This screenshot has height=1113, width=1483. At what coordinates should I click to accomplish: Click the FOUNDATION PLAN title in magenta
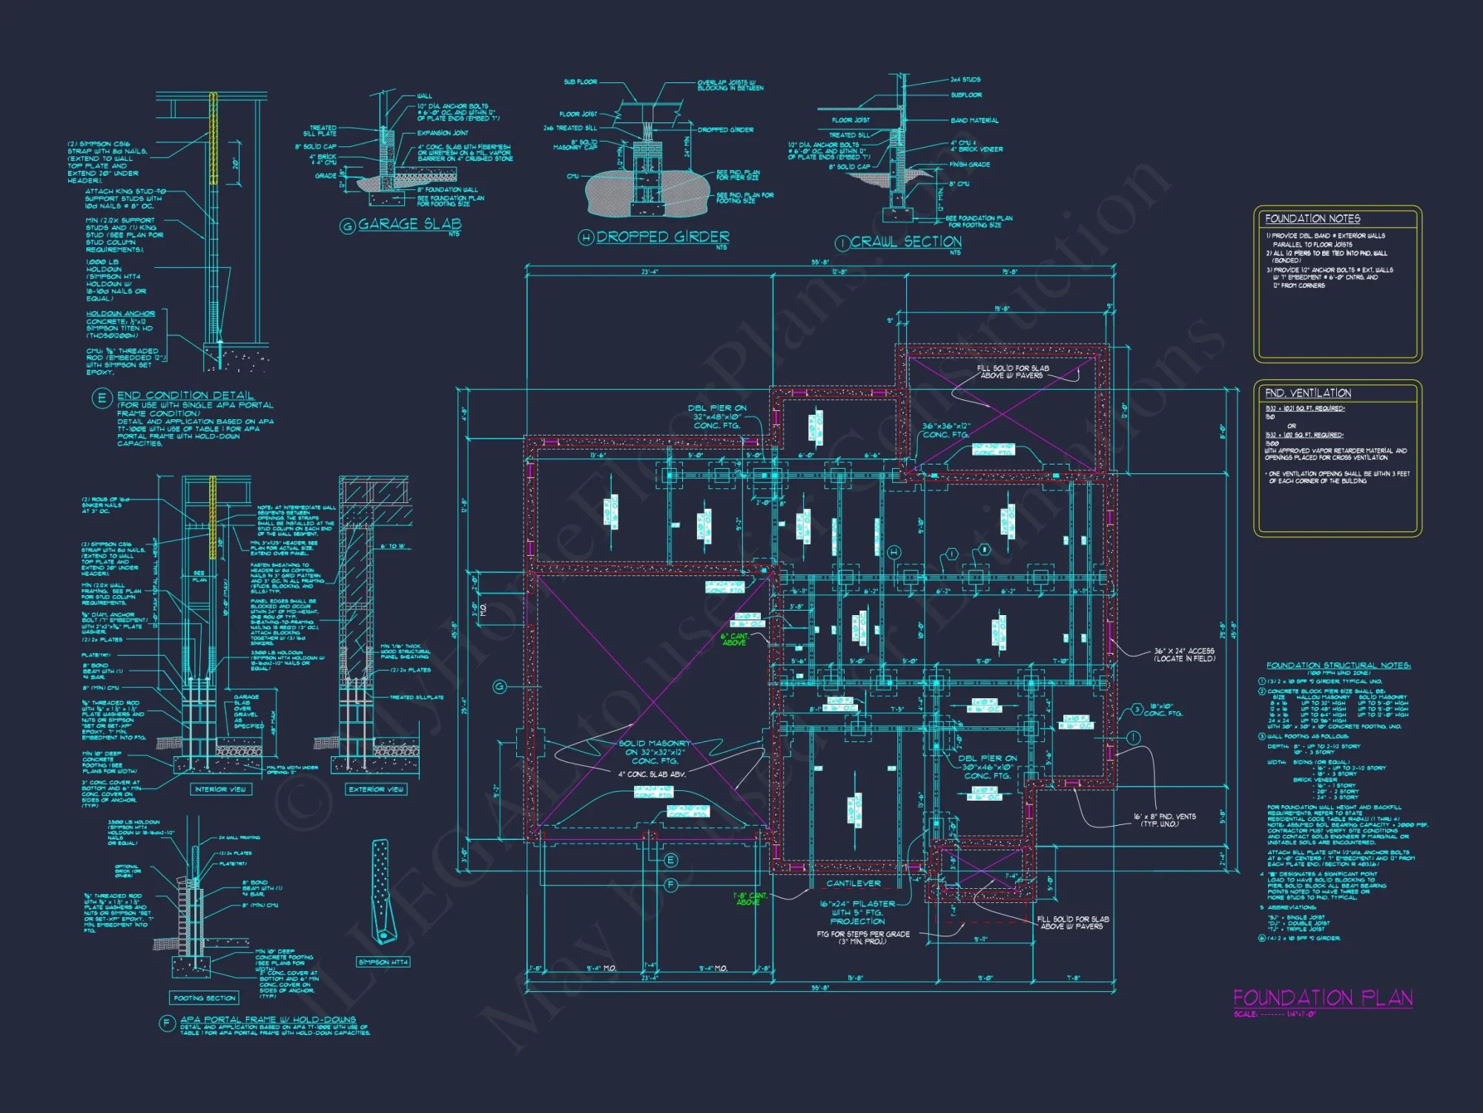1323,998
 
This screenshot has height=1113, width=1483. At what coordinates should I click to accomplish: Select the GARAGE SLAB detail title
409,224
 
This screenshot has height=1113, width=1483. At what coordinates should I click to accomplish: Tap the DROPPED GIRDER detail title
662,237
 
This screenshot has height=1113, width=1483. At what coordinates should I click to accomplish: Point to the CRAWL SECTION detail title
905,242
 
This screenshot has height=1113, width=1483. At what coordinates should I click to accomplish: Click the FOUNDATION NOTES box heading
1312,219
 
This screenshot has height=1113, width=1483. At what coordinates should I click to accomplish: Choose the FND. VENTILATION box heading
1308,393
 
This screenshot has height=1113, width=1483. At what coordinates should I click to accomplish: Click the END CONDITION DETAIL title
185,395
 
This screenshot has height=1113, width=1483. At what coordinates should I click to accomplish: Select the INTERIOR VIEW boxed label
220,789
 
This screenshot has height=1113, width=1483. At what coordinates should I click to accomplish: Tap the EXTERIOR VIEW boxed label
377,789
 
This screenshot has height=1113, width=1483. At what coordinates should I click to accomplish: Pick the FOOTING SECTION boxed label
205,998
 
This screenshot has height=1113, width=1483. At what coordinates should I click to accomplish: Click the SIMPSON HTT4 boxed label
383,962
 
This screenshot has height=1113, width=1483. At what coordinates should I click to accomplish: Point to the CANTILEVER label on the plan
853,884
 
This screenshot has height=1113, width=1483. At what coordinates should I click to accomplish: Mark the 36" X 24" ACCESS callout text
1184,654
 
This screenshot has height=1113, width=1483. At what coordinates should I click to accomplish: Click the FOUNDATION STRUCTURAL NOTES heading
1338,666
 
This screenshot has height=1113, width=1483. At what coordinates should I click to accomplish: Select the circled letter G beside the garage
500,687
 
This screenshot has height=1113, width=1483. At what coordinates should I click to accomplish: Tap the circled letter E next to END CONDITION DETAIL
102,398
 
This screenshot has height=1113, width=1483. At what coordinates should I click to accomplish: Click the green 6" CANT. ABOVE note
734,640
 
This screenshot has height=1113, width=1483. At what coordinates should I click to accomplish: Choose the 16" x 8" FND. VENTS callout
1164,820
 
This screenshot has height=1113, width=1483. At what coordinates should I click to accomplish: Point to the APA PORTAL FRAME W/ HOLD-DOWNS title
268,1020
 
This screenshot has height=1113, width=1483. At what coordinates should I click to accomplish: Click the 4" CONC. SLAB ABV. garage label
652,774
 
